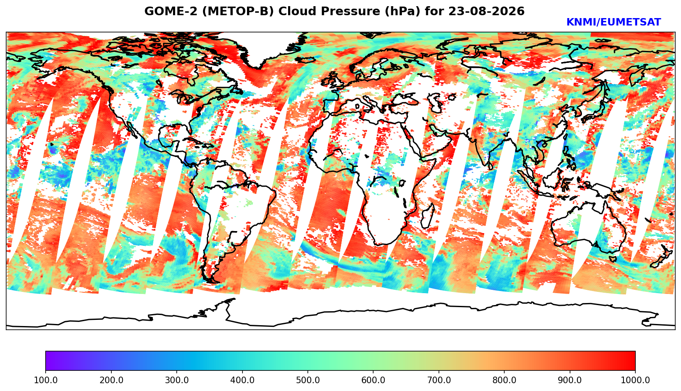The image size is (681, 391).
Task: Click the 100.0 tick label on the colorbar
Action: coord(46,380)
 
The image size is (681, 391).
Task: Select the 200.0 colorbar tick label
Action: coord(111,380)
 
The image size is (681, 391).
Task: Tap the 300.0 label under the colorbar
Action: coord(177,380)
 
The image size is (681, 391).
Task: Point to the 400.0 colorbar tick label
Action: coord(242,380)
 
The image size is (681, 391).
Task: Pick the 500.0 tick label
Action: coord(308,380)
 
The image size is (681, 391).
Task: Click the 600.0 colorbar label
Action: coord(373,380)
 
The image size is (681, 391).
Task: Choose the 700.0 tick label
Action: coord(439,380)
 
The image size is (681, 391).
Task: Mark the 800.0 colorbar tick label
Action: coord(504,380)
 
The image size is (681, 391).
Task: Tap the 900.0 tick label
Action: coord(570,380)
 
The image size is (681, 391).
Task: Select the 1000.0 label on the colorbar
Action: coord(635,380)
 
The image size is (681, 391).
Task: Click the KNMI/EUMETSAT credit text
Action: coord(614,22)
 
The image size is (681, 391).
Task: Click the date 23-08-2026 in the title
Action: coord(487,11)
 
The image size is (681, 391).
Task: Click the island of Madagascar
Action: coord(428,217)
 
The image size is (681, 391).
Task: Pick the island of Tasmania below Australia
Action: coord(613,259)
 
